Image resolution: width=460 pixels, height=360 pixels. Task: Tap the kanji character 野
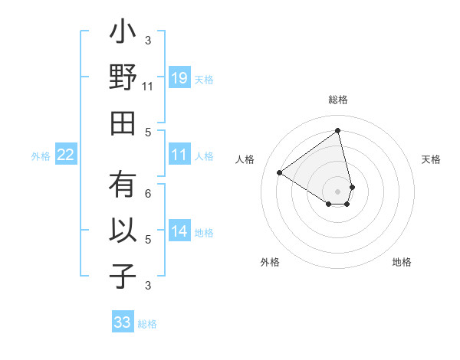pos(123,80)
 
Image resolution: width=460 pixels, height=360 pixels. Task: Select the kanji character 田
pos(123,123)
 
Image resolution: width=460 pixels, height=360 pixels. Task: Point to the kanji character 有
pos(123,185)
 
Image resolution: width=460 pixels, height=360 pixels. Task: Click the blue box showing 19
pos(179,78)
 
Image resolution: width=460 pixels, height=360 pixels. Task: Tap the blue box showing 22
pos(66,155)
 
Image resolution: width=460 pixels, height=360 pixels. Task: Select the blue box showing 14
pos(179,232)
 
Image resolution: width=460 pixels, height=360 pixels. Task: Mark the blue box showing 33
pos(123,322)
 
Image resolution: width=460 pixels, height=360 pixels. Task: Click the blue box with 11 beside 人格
pos(179,155)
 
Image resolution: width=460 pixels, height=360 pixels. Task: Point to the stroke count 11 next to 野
pos(148,87)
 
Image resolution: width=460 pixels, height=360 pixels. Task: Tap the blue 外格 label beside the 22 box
pos(41,156)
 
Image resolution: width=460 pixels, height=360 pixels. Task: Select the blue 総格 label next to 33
pos(147,324)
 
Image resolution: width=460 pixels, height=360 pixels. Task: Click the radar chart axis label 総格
pos(338,100)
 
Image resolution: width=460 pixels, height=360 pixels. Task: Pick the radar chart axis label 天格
pos(431,159)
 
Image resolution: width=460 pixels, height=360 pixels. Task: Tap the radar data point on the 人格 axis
pos(280,172)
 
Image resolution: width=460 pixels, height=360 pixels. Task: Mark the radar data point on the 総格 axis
pos(338,130)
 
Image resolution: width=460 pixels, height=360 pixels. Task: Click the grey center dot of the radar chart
pos(338,191)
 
